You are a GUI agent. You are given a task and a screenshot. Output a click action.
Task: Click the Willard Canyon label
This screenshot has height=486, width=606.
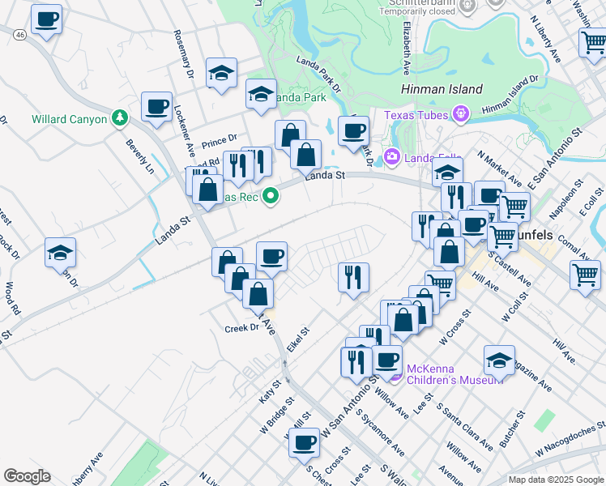(x=69, y=119)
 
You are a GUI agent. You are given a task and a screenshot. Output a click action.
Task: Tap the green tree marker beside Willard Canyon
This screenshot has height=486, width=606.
(x=120, y=119)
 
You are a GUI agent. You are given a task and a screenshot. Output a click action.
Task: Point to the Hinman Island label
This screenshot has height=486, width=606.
(x=442, y=90)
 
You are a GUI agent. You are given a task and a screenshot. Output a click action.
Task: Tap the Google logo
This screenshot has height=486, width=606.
(x=28, y=476)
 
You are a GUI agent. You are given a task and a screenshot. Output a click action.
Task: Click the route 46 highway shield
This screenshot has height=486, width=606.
(x=19, y=36)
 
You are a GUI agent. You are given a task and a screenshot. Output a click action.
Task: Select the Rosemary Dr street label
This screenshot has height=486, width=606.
(x=186, y=54)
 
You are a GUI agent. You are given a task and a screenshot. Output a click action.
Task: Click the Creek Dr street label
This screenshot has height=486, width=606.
(x=241, y=328)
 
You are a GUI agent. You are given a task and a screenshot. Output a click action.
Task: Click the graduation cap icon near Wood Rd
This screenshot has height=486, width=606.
(x=61, y=253)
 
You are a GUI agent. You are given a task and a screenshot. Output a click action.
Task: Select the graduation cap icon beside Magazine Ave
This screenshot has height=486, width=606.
(x=499, y=360)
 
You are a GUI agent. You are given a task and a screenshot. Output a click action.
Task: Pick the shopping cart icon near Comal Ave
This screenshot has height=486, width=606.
(x=585, y=273)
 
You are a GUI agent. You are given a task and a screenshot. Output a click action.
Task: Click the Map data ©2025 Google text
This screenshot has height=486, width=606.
(x=556, y=480)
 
